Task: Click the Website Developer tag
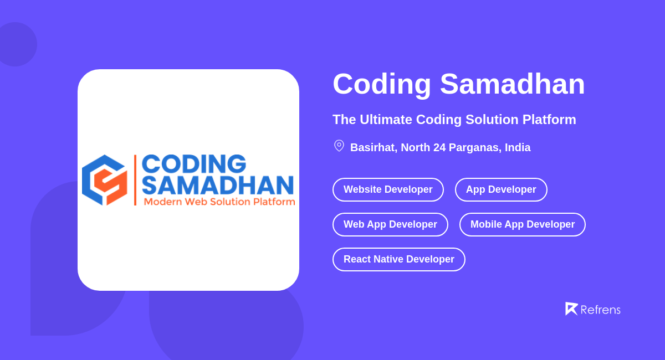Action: tap(388, 189)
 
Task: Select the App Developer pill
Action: tap(501, 189)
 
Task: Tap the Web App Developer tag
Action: tap(390, 224)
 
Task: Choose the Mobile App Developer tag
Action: tap(522, 224)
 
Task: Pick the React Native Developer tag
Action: tap(398, 259)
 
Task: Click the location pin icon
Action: tap(339, 146)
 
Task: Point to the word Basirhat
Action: tap(372, 147)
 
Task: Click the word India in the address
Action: tap(518, 147)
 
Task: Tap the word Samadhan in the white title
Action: tap(512, 84)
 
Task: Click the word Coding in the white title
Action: tap(382, 84)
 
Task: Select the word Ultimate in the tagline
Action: tap(386, 120)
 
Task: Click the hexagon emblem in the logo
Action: tap(104, 180)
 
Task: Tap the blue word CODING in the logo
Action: tap(194, 164)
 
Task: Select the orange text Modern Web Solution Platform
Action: tap(219, 202)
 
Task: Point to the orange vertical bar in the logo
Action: tap(135, 180)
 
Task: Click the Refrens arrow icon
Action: tap(571, 308)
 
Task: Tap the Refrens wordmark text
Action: tap(600, 310)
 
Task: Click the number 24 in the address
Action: tap(439, 147)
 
